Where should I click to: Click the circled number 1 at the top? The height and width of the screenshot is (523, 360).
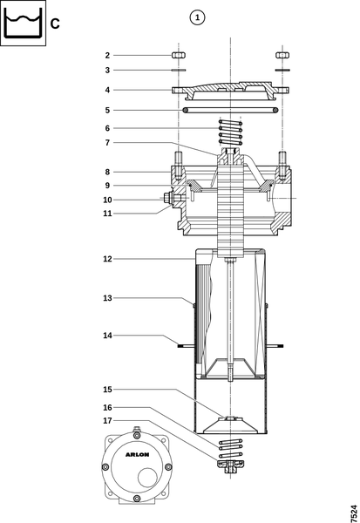pyautogui.click(x=197, y=17)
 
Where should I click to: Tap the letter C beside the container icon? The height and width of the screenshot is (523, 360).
pyautogui.click(x=55, y=24)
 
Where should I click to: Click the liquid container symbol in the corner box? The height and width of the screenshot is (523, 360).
pyautogui.click(x=23, y=23)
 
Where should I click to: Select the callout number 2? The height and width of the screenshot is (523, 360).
pyautogui.click(x=107, y=56)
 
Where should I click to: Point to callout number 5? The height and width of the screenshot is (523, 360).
pyautogui.click(x=107, y=111)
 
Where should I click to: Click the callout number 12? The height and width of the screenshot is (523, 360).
pyautogui.click(x=107, y=259)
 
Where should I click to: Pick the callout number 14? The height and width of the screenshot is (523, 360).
pyautogui.click(x=107, y=336)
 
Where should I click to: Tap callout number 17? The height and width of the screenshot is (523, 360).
pyautogui.click(x=107, y=421)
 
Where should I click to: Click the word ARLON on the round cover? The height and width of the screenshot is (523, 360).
pyautogui.click(x=137, y=455)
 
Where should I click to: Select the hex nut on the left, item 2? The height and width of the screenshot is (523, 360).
pyautogui.click(x=179, y=56)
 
